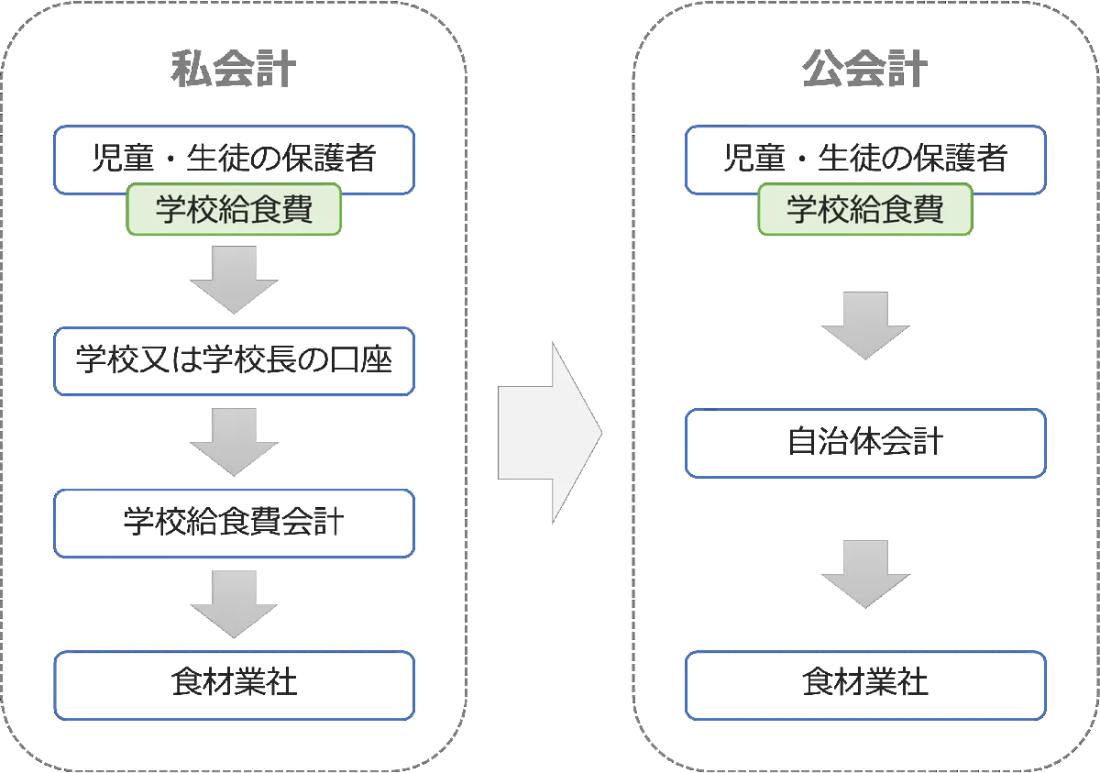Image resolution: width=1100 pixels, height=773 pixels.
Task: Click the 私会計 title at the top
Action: [x=234, y=69]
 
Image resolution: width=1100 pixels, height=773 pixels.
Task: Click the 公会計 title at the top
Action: [x=864, y=69]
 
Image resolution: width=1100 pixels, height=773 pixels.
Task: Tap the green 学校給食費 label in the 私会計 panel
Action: [x=235, y=210]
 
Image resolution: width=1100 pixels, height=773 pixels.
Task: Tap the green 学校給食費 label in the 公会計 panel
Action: [x=865, y=210]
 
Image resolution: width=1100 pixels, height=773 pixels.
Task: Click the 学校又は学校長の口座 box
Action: [x=235, y=360]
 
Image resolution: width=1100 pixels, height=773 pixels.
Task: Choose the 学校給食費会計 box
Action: [x=235, y=524]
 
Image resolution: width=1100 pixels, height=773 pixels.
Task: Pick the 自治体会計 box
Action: [x=865, y=444]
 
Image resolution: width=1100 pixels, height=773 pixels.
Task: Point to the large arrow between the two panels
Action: [x=548, y=432]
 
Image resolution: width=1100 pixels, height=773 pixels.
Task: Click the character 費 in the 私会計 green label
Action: [x=296, y=210]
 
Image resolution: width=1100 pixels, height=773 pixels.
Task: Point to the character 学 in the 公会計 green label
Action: [x=804, y=210]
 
